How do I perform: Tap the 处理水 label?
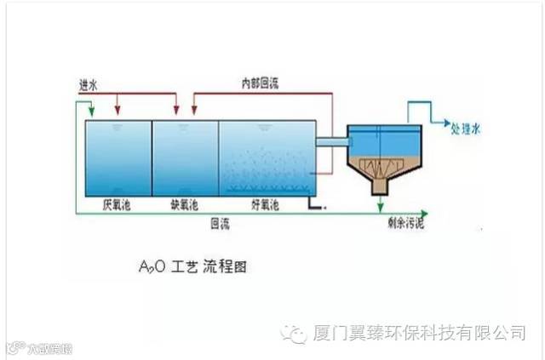466,130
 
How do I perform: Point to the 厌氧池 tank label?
116,205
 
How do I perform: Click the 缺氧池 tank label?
186,205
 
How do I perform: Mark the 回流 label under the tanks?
220,223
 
